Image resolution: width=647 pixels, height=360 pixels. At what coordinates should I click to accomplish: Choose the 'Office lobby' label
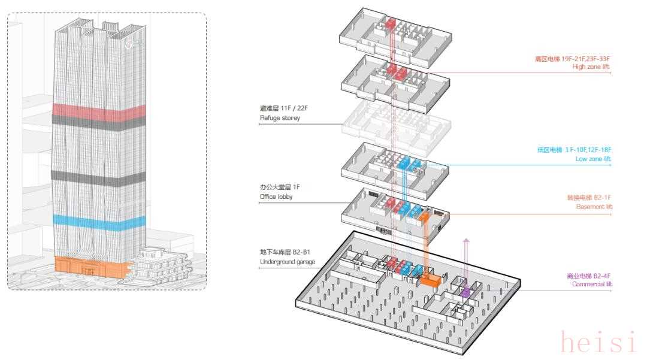click(x=276, y=196)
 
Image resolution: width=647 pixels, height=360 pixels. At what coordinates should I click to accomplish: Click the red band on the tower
click(x=99, y=110)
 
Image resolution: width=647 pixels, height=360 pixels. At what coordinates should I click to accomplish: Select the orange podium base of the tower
click(x=90, y=267)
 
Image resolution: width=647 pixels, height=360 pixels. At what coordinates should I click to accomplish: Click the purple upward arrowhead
click(x=467, y=241)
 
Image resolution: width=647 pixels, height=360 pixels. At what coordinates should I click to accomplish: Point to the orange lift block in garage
click(x=431, y=280)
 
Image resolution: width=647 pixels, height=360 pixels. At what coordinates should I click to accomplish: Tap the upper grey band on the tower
click(x=99, y=120)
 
